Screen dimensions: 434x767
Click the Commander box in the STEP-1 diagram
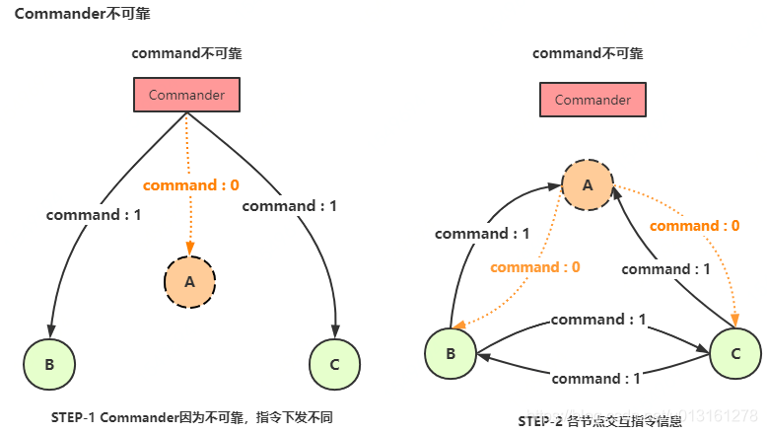(186, 96)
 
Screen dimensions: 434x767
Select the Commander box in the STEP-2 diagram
(593, 100)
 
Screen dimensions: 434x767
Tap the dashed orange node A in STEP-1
(189, 281)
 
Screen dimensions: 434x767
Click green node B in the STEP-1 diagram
(49, 364)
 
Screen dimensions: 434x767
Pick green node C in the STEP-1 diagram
(334, 364)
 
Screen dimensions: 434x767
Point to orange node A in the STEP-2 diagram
(588, 184)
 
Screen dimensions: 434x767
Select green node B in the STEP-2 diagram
(451, 352)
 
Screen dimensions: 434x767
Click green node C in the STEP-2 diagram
(734, 352)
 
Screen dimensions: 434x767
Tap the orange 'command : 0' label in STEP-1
(191, 185)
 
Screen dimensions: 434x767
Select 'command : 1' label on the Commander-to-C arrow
(289, 206)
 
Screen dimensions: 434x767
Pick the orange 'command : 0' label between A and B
(534, 267)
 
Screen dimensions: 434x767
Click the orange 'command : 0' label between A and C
(695, 226)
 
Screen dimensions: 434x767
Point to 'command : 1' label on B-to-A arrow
(482, 234)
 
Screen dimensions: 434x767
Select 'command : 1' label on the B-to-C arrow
(598, 320)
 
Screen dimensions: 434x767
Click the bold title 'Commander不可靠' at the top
(82, 16)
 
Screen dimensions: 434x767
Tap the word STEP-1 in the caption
(75, 417)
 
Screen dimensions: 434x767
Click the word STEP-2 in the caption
(541, 421)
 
